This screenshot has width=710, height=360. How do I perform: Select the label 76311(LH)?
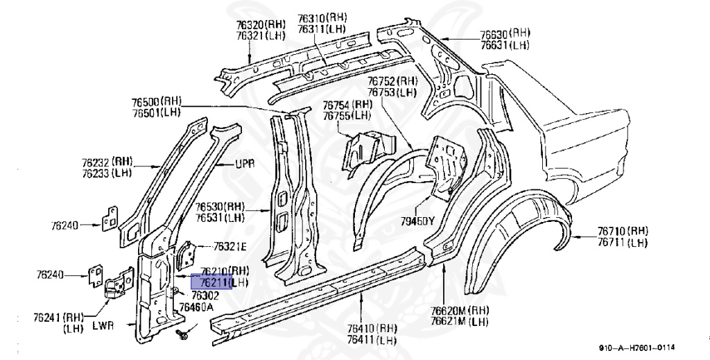[322, 28]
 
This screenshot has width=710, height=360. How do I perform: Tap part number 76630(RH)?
[506, 34]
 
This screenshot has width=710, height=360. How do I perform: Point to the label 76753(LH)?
[392, 92]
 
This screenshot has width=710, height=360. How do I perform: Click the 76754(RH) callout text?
[347, 105]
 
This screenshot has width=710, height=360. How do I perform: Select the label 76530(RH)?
[220, 207]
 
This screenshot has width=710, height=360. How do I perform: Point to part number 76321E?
[230, 246]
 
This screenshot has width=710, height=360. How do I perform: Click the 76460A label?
[196, 307]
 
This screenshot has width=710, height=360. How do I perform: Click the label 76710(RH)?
[623, 230]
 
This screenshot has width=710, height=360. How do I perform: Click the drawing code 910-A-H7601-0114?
[637, 348]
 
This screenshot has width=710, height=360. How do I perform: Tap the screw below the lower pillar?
[183, 335]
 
